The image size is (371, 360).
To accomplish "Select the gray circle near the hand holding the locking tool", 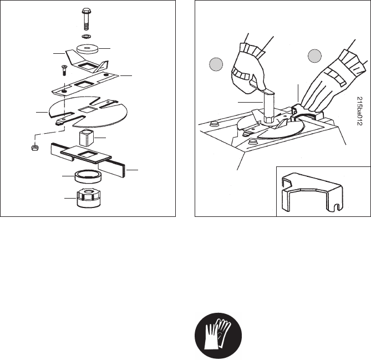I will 315,56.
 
